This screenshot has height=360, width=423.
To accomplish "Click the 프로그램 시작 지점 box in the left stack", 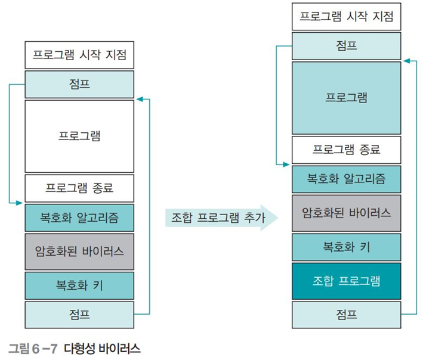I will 79,55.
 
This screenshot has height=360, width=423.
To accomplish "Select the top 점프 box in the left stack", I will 79,84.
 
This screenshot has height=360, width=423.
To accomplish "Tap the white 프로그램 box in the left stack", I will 79,136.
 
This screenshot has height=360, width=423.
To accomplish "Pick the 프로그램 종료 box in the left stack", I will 79,188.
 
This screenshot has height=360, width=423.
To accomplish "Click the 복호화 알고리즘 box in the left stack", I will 79,218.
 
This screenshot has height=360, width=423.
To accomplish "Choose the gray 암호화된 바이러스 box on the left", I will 79,251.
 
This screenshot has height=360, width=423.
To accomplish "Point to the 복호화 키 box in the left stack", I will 79,285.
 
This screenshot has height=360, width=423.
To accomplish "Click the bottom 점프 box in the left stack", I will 79,314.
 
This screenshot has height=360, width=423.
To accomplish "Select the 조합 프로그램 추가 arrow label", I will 219,218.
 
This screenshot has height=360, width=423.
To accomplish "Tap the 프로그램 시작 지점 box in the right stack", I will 346,16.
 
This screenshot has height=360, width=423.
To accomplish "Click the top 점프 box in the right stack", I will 346,45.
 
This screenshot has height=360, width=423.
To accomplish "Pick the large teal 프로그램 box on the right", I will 346,98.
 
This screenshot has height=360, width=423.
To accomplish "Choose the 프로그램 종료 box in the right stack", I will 346,150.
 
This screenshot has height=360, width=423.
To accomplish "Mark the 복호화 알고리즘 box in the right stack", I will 346,179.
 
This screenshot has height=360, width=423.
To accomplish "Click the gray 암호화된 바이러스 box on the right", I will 346,212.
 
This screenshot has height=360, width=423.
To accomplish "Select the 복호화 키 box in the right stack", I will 346,247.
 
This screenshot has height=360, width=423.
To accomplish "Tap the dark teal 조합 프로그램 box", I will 346,280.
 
